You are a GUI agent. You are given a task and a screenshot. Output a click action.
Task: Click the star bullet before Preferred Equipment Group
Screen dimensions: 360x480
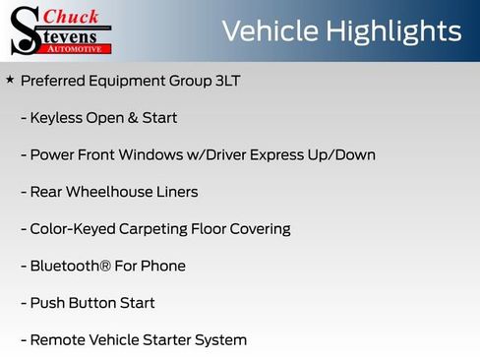tap(10, 79)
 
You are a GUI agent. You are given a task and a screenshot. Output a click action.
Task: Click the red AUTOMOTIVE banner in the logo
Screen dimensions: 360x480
tap(76, 47)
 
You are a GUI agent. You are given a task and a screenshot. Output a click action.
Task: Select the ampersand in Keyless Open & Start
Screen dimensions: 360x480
tap(134, 118)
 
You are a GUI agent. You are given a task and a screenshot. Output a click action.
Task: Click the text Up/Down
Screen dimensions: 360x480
tap(342, 155)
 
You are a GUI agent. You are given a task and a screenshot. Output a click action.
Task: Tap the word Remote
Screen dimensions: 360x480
tap(58, 340)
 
